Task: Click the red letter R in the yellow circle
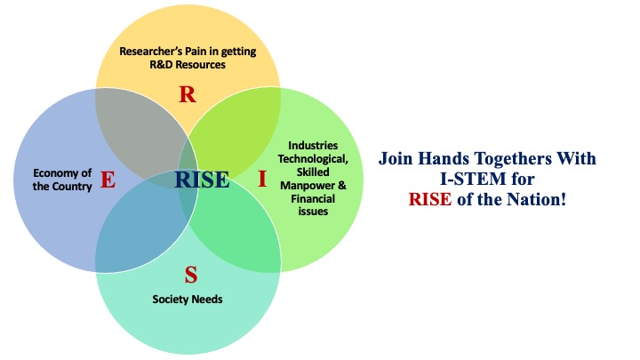188,94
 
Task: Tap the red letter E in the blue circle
108,180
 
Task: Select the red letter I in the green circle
262,179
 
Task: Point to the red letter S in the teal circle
191,275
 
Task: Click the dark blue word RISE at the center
202,180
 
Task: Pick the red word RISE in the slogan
430,200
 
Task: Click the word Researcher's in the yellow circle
150,52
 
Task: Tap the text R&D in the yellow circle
161,65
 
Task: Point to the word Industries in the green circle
313,146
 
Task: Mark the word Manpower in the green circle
308,186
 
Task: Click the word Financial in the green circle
313,199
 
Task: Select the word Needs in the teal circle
207,300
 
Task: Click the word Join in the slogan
396,158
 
